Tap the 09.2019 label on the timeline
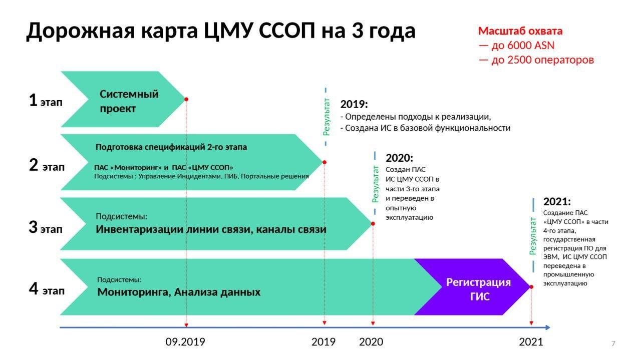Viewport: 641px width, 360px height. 185,342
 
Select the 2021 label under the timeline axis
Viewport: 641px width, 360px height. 531,342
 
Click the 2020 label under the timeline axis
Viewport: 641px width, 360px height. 371,342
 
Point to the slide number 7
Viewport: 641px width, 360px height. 613,343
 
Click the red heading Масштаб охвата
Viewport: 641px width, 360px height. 520,31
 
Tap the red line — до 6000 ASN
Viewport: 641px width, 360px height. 516,46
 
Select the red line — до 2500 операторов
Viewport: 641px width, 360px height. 536,60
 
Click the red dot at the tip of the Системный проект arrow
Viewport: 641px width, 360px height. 186,99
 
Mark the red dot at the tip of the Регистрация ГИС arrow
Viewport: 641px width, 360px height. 531,287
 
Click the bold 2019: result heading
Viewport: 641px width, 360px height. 354,105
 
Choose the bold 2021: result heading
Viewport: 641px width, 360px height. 557,202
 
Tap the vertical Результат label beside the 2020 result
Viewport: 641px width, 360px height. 375,185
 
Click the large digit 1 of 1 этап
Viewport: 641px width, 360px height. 33,100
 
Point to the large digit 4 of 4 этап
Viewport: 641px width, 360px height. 34,288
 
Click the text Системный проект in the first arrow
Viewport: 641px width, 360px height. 129,101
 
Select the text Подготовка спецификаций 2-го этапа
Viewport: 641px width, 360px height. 171,147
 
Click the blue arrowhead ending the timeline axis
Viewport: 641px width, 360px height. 547,327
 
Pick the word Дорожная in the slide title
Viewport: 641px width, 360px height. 81,31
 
